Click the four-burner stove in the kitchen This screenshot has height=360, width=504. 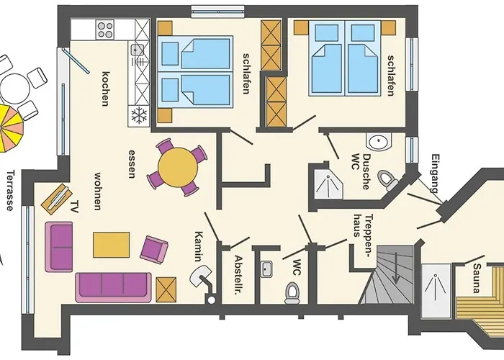coord(105,30)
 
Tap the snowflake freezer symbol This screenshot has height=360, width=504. coord(139,116)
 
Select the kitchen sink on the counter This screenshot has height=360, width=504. coord(137,50)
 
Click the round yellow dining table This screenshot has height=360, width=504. coord(178,168)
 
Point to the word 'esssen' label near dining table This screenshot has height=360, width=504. coord(132,164)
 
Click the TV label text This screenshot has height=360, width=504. coord(75,207)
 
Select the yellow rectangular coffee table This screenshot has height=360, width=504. coord(111,245)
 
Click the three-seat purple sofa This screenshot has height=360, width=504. coord(113,288)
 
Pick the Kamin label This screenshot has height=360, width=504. coord(198,246)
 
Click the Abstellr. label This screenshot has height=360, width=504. coord(238,276)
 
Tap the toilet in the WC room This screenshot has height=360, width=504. coord(292,293)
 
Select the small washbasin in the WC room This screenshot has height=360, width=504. coord(266,269)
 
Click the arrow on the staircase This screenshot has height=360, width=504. coord(396,268)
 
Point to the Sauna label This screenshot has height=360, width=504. coord(477,279)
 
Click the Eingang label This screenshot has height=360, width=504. coord(435,174)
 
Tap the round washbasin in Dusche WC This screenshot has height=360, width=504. coord(379,141)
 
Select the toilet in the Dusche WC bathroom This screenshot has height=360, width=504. coord(388,180)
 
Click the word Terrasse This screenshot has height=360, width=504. coord(10,190)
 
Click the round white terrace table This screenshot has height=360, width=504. coord(14,89)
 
